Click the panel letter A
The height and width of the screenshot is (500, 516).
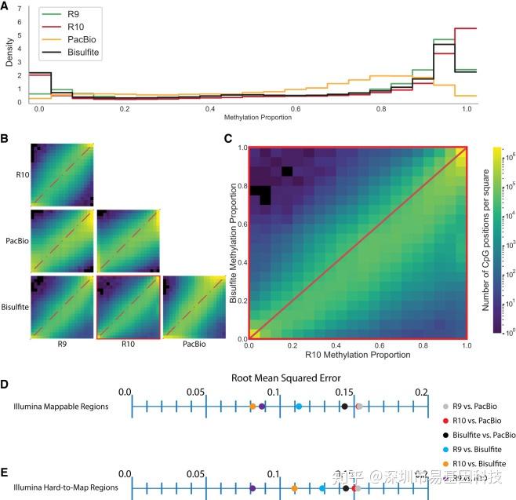[x=5, y=6]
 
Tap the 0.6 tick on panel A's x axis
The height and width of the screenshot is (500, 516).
[x=296, y=108]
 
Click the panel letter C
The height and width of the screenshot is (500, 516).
[x=227, y=139]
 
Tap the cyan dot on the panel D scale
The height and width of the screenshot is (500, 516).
[x=299, y=407]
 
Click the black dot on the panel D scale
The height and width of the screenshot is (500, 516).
[x=344, y=407]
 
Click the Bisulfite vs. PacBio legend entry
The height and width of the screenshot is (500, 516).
[x=479, y=434]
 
